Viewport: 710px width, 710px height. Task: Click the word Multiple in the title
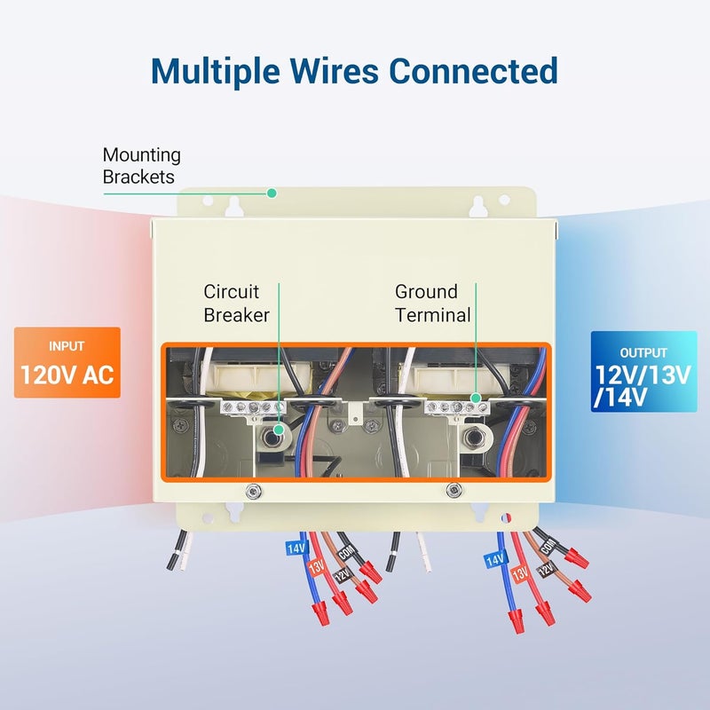[x=216, y=71]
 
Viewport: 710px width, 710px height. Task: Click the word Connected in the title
[x=473, y=71]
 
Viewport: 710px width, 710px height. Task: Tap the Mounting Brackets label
[x=141, y=166]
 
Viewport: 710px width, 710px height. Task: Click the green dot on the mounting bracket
[x=272, y=193]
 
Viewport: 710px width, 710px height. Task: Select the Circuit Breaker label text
[x=236, y=304]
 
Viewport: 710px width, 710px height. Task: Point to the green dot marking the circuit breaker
[x=280, y=429]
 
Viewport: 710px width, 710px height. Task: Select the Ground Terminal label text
[x=433, y=304]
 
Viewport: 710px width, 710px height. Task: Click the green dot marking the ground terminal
[x=476, y=398]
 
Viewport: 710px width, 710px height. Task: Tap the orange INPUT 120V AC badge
[x=67, y=363]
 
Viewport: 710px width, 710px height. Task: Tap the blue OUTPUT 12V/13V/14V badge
[x=644, y=372]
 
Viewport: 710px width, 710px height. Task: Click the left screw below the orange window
[x=253, y=491]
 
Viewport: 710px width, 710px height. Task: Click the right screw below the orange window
[x=454, y=490]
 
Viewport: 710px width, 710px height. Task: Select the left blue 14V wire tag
[x=296, y=548]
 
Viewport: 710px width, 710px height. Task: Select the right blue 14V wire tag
[x=495, y=560]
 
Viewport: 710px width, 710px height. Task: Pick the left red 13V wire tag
[x=317, y=567]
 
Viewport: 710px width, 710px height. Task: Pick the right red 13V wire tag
[x=521, y=574]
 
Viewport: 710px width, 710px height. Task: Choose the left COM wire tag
[x=346, y=552]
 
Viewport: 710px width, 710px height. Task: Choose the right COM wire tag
[x=548, y=547]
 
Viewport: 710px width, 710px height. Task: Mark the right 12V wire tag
[x=547, y=569]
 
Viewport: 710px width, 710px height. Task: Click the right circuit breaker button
[x=474, y=437]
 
